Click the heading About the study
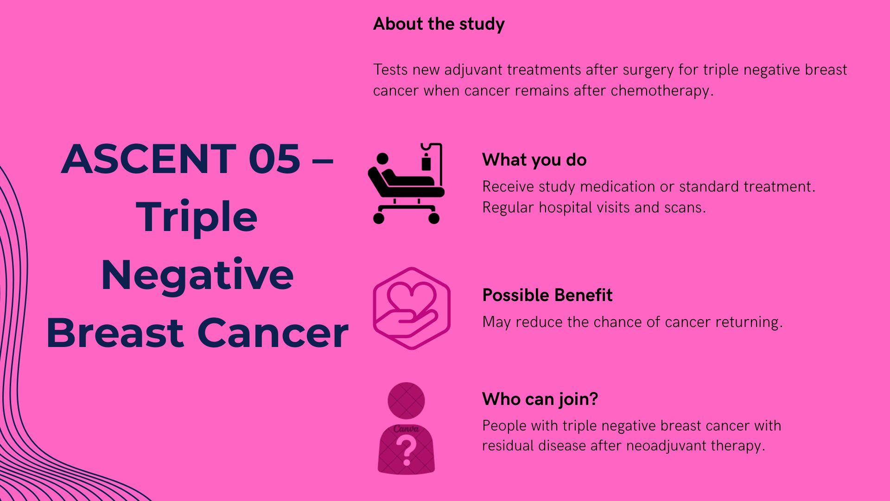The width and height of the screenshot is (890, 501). pos(439,24)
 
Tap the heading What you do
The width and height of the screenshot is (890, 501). pos(534,160)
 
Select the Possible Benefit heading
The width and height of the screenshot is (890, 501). pos(547,295)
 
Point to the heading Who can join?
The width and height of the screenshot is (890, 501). pos(540,399)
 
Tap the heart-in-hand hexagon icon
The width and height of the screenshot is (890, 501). pos(412,308)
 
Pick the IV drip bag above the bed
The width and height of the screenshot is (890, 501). pos(426,163)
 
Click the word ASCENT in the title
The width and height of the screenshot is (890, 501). pos(149,159)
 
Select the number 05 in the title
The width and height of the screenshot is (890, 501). pos(274,159)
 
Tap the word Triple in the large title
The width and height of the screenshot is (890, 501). pos(197,217)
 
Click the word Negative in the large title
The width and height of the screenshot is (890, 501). pos(197,275)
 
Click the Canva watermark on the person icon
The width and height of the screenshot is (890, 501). pos(406,429)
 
